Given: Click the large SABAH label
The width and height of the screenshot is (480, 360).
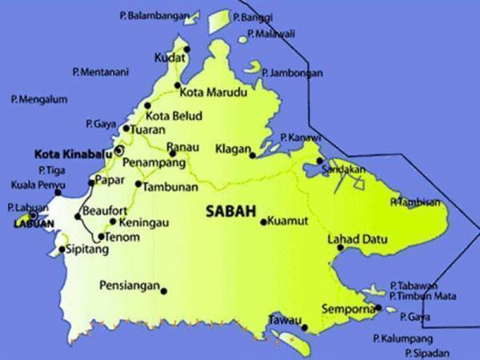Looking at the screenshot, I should tap(230, 212).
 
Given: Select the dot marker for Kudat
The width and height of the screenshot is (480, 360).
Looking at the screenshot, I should tap(187, 49).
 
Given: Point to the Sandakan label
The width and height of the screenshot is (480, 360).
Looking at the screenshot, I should tap(345, 170).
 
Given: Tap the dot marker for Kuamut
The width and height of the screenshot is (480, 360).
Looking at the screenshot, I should tap(264, 221).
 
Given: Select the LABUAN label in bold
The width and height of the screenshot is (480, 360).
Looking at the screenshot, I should tap(29, 225).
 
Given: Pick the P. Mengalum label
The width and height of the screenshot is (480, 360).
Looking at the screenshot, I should tap(39, 99).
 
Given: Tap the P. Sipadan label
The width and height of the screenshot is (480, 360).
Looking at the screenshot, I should tap(427, 353).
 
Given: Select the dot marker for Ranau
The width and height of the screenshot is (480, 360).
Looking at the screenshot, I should tap(171, 153).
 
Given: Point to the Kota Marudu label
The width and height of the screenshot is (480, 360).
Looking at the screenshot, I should tap(211, 92).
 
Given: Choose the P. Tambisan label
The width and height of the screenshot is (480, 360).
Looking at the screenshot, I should tap(414, 202).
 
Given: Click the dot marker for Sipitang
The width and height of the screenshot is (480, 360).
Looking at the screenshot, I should tap(62, 250).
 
